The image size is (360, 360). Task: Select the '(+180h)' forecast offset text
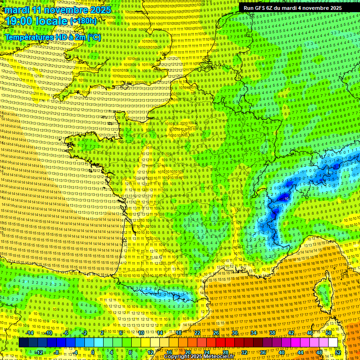pos(83,21)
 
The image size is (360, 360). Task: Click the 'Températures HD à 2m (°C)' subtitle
pos(52,37)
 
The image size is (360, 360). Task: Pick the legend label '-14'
pos(29,333)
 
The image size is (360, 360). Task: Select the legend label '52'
pos(338,352)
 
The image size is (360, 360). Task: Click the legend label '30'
pos(234,333)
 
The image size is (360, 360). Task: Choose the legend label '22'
pos(197,333)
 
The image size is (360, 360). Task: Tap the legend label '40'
pos(282,352)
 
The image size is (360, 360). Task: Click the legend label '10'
pos(141,333)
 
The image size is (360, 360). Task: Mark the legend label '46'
pos(309,333)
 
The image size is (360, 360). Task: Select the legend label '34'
pos(253,333)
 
